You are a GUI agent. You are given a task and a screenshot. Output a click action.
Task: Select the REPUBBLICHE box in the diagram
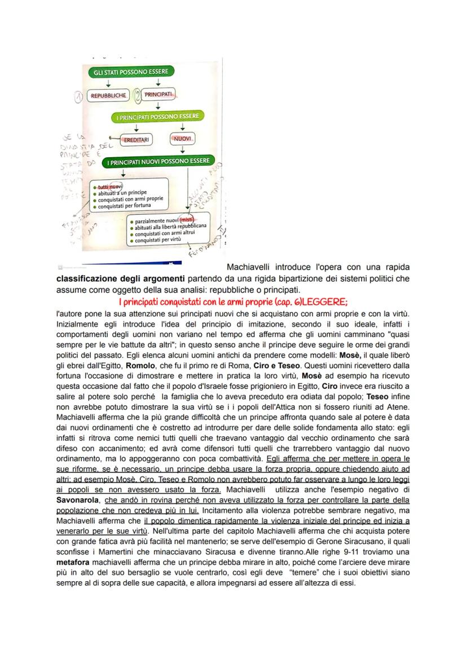[109, 96]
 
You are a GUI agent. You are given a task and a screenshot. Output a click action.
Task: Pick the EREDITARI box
[136, 139]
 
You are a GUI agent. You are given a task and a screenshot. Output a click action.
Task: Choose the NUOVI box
[182, 138]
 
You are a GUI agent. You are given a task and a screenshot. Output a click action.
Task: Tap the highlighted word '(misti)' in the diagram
[187, 220]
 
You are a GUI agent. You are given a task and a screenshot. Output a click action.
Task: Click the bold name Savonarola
[78, 500]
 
